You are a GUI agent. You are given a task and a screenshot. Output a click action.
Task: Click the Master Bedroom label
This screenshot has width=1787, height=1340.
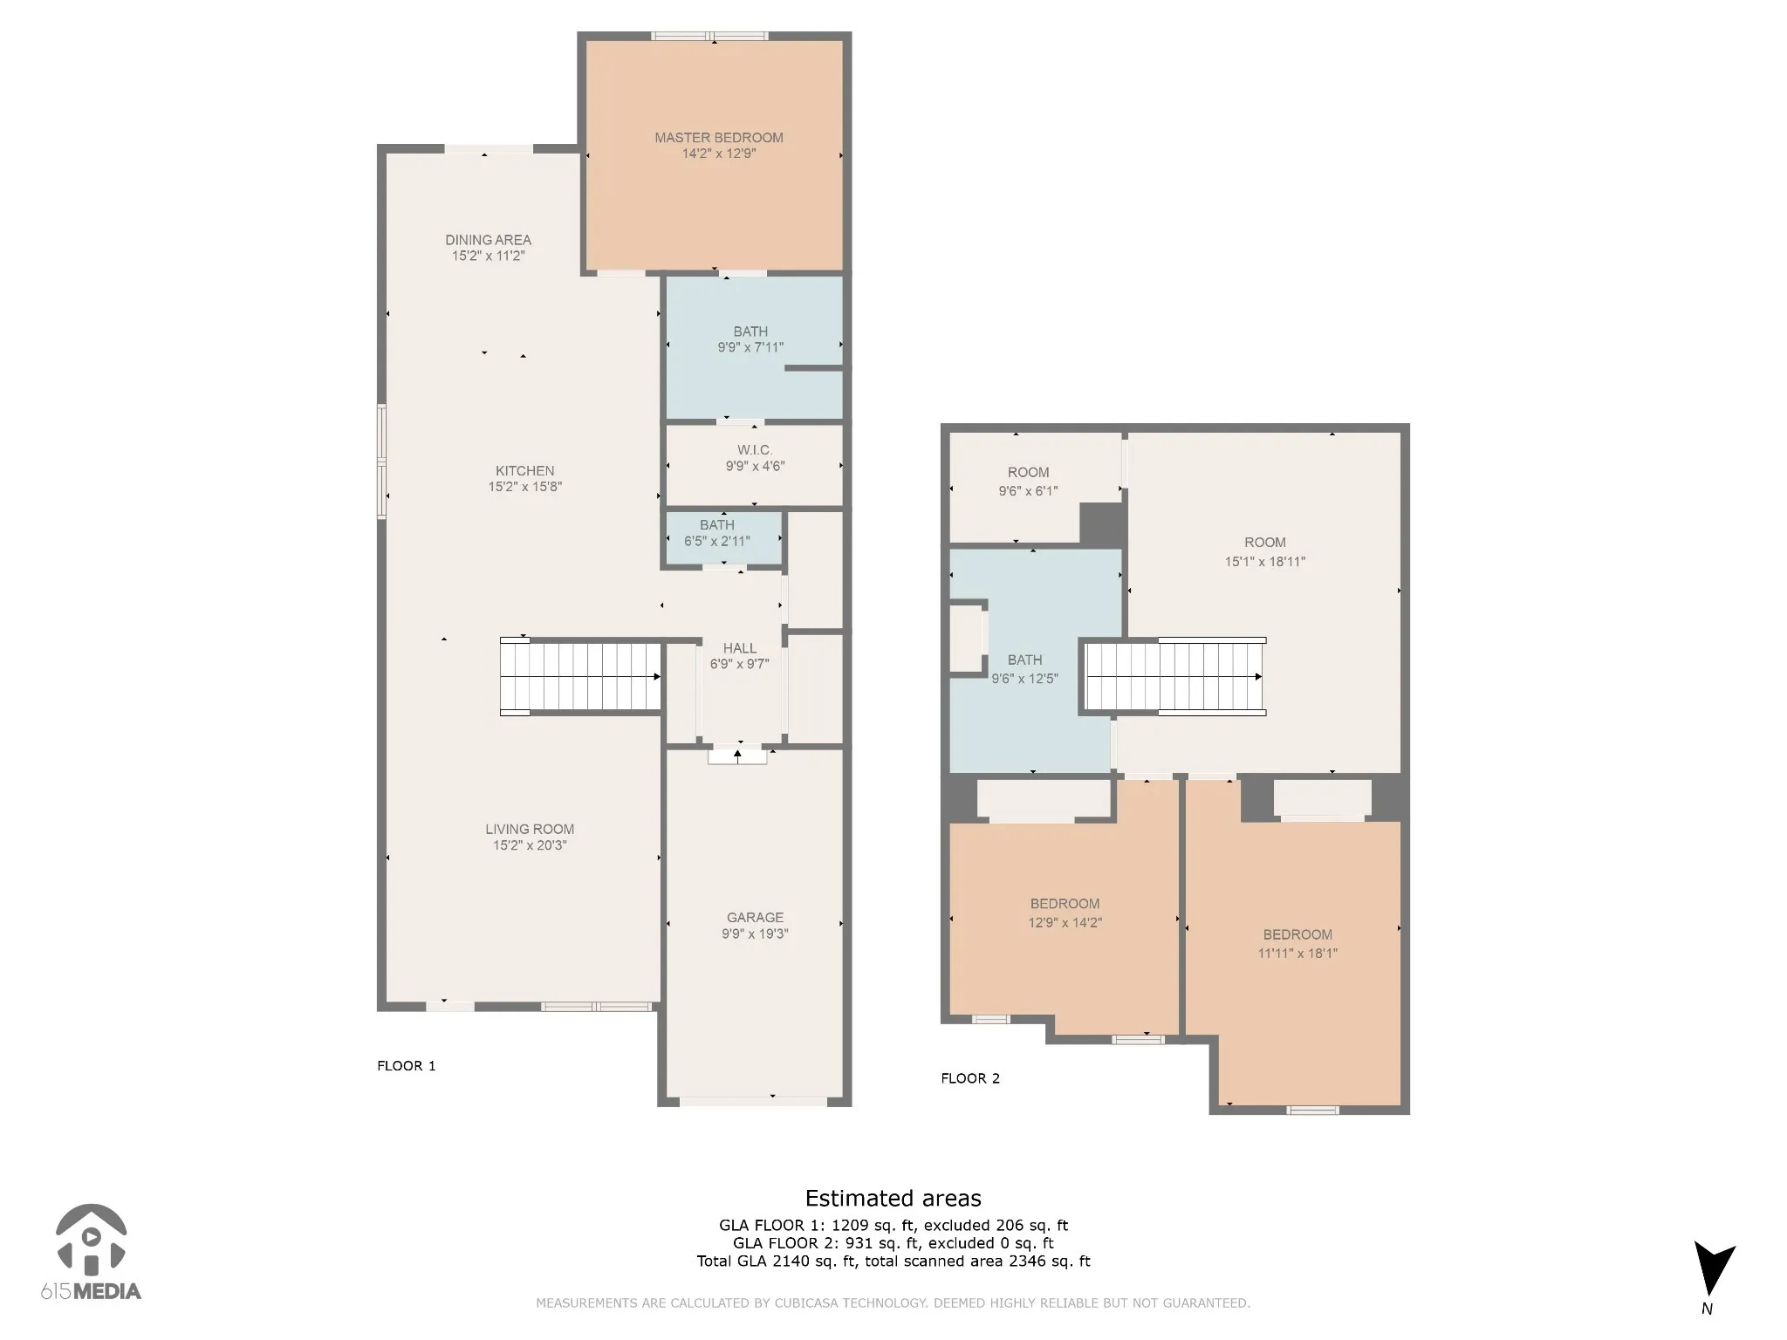click(719, 138)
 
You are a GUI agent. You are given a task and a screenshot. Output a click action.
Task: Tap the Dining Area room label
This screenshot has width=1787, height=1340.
click(488, 240)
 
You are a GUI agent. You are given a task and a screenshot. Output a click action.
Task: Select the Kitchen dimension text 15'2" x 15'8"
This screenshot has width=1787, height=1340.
click(524, 487)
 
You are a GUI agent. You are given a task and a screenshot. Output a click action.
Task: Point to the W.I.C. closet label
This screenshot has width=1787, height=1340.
click(755, 450)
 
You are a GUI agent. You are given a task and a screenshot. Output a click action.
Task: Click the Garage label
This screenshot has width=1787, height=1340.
click(755, 918)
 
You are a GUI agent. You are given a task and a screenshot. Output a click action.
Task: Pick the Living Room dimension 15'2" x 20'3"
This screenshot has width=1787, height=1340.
click(530, 845)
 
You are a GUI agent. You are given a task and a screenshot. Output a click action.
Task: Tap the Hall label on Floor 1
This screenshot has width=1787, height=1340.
click(740, 648)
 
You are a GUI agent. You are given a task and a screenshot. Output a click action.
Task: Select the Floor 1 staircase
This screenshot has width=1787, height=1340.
click(580, 677)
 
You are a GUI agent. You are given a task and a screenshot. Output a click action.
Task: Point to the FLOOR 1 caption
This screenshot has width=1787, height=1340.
click(406, 1065)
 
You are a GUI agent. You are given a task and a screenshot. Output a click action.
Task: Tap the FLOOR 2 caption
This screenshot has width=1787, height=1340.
click(970, 1078)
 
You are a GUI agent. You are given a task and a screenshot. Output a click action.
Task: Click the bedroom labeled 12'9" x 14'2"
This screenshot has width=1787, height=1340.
click(1065, 913)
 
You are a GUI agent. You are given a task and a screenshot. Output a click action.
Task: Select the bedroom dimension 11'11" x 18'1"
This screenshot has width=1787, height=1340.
click(1297, 954)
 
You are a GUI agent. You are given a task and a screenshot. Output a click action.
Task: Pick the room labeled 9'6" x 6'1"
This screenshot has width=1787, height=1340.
click(1028, 482)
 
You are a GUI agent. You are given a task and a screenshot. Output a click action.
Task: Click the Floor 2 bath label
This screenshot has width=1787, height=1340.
click(1024, 660)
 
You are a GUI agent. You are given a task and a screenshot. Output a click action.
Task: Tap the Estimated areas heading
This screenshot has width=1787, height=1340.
click(893, 1199)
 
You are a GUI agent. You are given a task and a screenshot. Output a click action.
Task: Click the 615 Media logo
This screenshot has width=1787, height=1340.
click(91, 1253)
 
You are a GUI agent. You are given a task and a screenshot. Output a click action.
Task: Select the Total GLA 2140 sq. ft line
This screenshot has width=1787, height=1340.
click(893, 1261)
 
